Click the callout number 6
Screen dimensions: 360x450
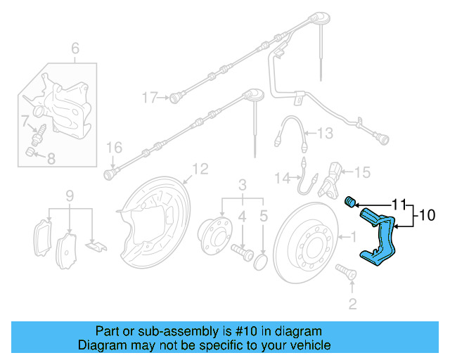pyautogui.click(x=75, y=49)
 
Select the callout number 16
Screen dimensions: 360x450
pyautogui.click(x=115, y=147)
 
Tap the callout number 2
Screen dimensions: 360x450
pyautogui.click(x=352, y=304)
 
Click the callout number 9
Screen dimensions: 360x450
pyautogui.click(x=69, y=194)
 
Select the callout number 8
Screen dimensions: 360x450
pyautogui.click(x=50, y=159)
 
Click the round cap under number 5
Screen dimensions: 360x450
pyautogui.click(x=261, y=263)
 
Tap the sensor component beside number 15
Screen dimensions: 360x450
pyautogui.click(x=332, y=179)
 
